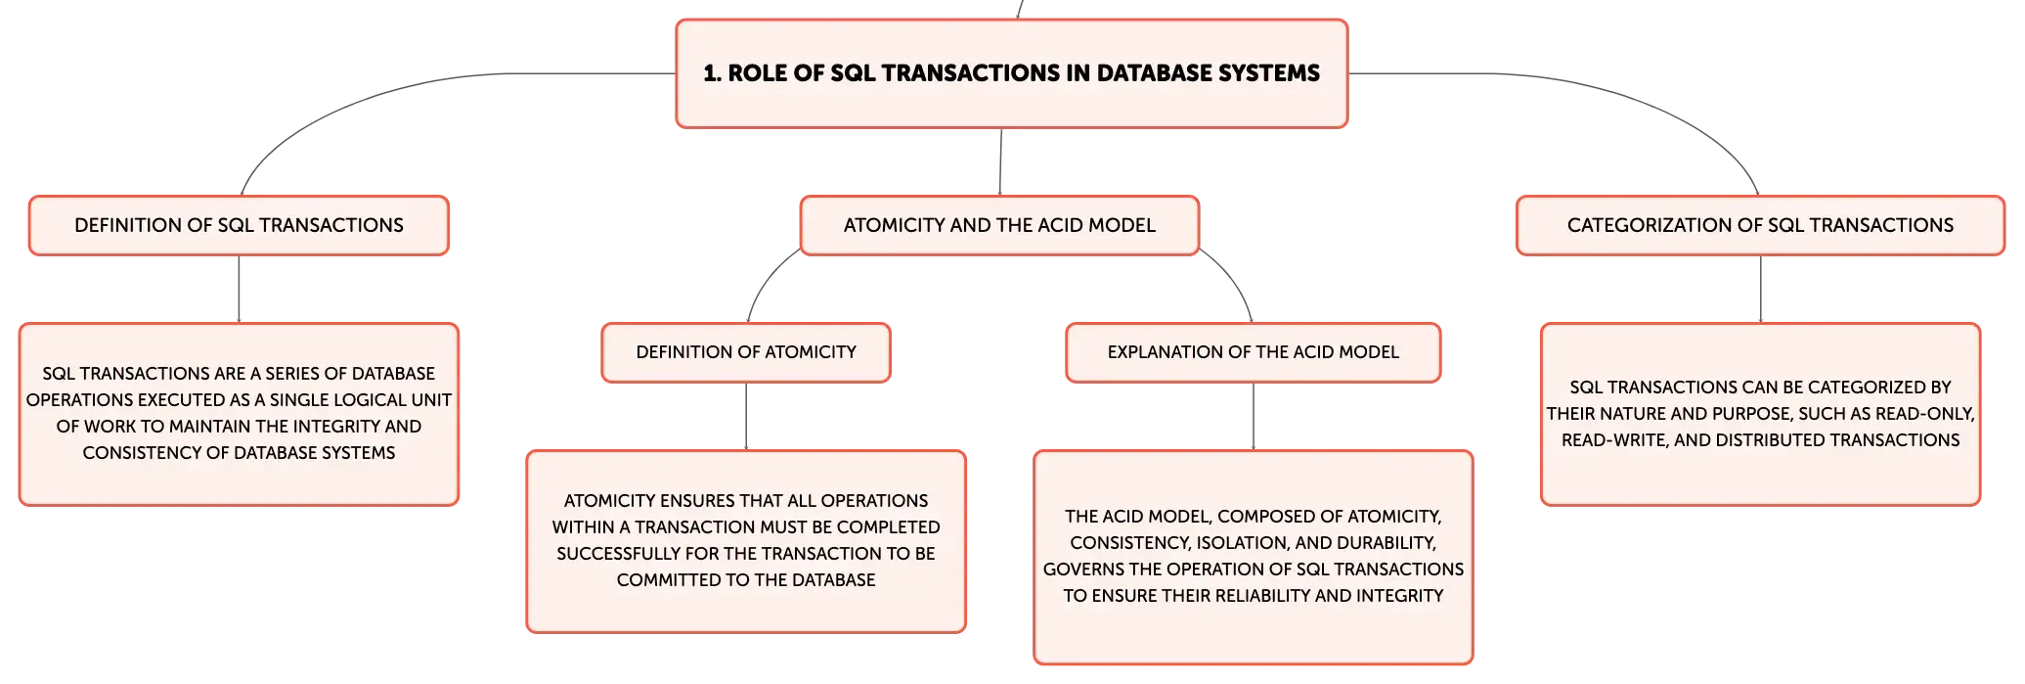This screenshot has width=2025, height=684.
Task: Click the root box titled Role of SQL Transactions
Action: tap(1012, 73)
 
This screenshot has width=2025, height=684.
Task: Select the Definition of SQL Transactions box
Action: tap(239, 225)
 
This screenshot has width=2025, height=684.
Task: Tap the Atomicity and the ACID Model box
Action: tap(999, 225)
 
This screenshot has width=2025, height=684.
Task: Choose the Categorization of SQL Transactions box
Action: tap(1760, 225)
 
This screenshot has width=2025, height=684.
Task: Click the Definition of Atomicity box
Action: tap(746, 352)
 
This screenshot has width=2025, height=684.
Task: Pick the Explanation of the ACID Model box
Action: tap(1254, 352)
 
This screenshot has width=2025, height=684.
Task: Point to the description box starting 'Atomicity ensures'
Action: tap(746, 541)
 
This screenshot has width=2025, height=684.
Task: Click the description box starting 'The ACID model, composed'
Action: tap(1254, 557)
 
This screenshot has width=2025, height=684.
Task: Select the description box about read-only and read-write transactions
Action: tap(1760, 414)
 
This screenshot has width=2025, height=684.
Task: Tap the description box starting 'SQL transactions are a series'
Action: tap(239, 414)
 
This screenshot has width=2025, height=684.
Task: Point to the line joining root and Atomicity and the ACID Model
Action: tap(1001, 161)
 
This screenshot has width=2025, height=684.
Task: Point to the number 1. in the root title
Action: tap(713, 73)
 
